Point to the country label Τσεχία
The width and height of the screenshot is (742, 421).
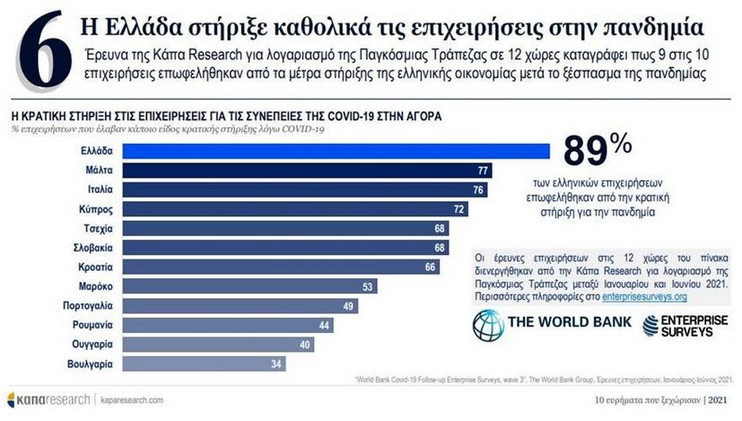point(98,228)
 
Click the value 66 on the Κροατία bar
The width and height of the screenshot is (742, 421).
point(431,268)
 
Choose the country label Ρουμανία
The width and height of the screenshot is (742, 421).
point(92,325)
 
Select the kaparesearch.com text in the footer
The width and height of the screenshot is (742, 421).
point(131,398)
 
